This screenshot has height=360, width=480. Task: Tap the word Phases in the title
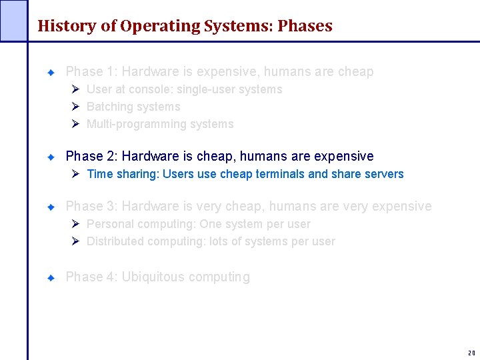point(305,27)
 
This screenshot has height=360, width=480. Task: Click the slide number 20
point(471,353)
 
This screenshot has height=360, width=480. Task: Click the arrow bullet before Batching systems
point(76,107)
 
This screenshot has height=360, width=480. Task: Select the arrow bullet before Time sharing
point(76,174)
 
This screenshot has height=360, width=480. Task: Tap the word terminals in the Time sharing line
point(278,174)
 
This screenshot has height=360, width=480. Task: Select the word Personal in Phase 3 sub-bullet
point(108,224)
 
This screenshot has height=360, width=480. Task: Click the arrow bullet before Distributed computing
point(76,241)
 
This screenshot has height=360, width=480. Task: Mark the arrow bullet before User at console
point(76,89)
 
